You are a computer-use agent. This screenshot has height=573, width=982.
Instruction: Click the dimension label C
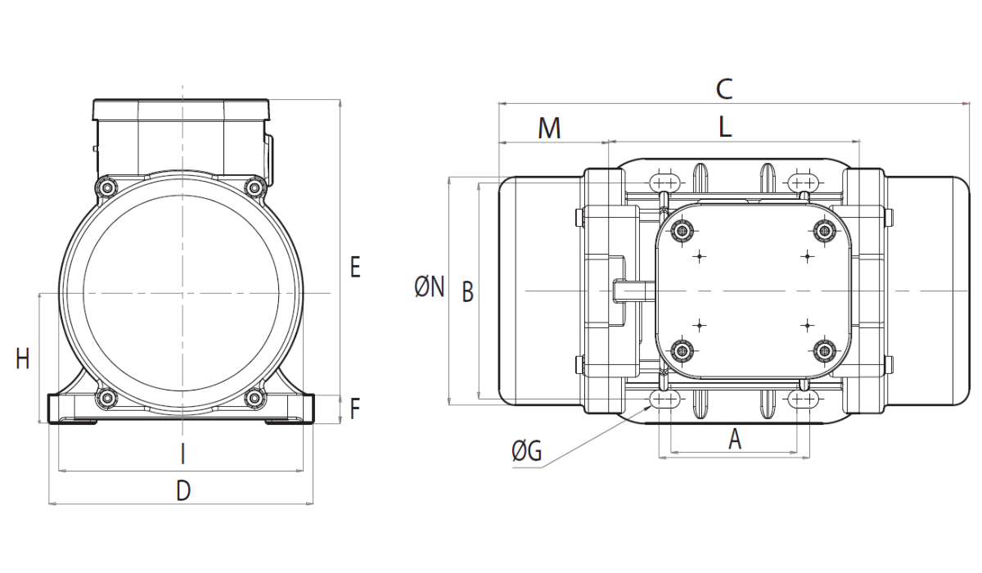pyautogui.click(x=724, y=89)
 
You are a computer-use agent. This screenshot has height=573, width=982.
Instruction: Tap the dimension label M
pyautogui.click(x=549, y=129)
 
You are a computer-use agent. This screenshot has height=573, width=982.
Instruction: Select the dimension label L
pyautogui.click(x=725, y=128)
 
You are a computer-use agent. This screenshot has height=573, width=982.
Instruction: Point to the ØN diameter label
pyautogui.click(x=429, y=287)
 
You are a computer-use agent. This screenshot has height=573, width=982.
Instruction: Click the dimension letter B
pyautogui.click(x=468, y=292)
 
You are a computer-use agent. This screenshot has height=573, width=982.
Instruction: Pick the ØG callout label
pyautogui.click(x=526, y=451)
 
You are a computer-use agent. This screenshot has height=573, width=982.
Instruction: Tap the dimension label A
pyautogui.click(x=735, y=440)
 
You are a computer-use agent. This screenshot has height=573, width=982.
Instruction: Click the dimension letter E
pyautogui.click(x=355, y=267)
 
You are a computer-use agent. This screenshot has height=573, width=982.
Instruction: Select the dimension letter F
pyautogui.click(x=354, y=408)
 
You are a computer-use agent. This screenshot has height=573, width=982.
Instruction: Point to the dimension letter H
pyautogui.click(x=23, y=359)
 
